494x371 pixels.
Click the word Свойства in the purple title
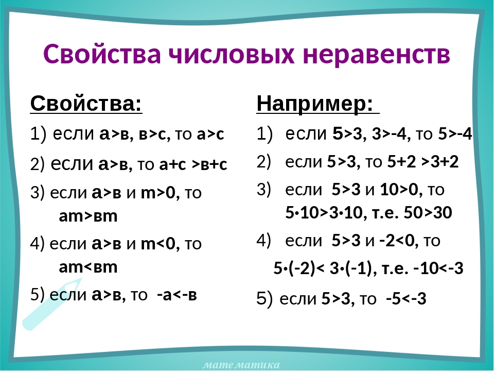[x=102, y=54]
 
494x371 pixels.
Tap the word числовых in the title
[x=232, y=54]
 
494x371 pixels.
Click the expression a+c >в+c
[x=193, y=164]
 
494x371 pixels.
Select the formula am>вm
[x=88, y=216]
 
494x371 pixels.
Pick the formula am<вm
[x=88, y=267]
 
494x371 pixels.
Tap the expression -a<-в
[x=177, y=295]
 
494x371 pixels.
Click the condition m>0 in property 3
[x=158, y=192]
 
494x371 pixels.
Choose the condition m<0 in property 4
[x=158, y=244]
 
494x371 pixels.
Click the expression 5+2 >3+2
[x=423, y=161]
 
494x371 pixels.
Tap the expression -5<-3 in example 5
[x=406, y=298]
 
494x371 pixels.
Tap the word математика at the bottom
[x=241, y=365]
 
